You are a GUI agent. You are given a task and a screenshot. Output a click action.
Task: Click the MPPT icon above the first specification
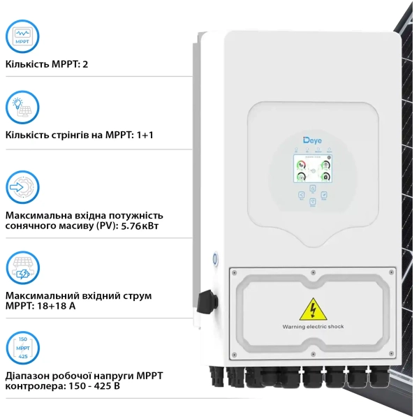click(x=22, y=35)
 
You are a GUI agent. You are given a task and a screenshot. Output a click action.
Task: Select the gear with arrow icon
click(x=22, y=186)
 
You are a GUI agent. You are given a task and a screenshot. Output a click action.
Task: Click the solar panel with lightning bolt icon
click(x=22, y=267)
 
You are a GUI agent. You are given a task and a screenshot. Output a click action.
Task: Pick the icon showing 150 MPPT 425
click(x=22, y=347)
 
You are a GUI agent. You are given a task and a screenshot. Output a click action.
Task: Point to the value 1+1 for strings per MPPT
click(x=145, y=134)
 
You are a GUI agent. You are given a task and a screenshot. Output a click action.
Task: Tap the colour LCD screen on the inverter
click(x=311, y=170)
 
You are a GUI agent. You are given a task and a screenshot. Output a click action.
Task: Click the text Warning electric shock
click(x=313, y=326)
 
